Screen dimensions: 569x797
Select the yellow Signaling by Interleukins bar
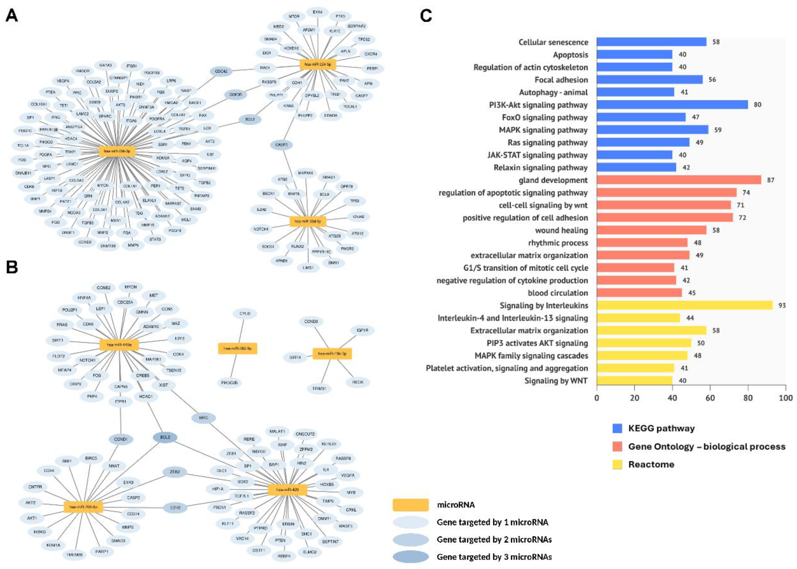click(684, 306)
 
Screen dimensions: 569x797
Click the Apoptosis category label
click(570, 55)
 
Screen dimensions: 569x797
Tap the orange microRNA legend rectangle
click(410, 505)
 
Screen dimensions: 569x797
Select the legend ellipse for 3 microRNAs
click(410, 557)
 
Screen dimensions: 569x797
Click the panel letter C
click(426, 16)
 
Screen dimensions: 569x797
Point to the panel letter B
click(12, 267)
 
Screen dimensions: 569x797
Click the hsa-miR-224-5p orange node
click(318, 64)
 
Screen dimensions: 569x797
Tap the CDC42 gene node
click(221, 71)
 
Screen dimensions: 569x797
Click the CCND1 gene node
click(121, 439)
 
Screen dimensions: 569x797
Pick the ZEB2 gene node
click(175, 472)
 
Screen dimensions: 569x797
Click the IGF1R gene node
click(362, 330)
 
